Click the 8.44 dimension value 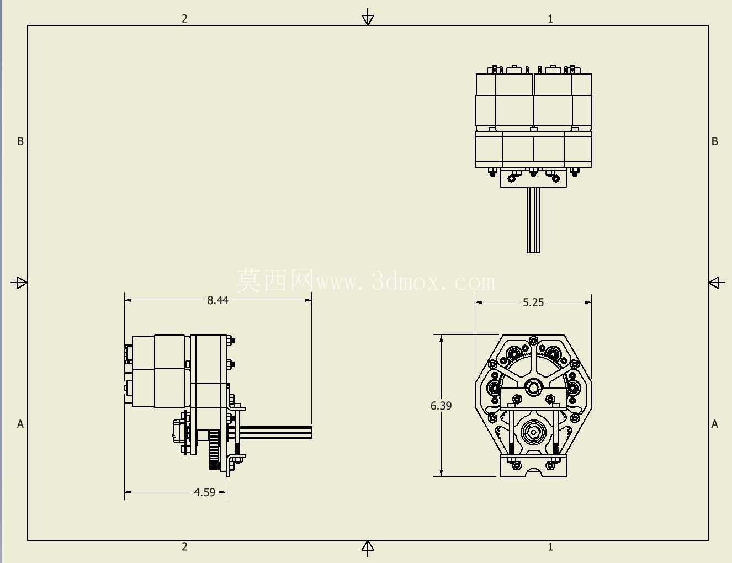218,300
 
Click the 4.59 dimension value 204,492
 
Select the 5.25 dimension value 533,302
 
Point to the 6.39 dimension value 441,406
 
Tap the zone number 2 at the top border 184,19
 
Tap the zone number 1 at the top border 550,19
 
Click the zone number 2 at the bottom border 184,546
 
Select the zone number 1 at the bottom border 550,547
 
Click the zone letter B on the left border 20,141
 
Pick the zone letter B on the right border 714,141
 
